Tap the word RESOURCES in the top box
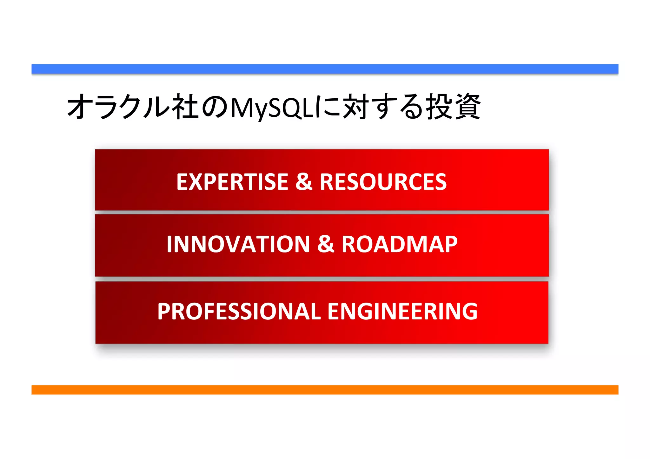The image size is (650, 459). [383, 182]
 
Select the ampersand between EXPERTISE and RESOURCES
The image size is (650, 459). [304, 182]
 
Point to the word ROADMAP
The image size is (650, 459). [399, 244]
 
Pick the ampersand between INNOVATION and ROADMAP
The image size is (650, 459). [326, 244]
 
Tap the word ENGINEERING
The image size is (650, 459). [402, 311]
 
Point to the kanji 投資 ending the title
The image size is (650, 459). [453, 107]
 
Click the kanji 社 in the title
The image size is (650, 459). [185, 107]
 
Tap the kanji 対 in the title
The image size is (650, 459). [355, 107]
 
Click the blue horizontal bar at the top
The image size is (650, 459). [325, 69]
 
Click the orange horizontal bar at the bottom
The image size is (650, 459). [325, 390]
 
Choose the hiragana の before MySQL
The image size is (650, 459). [215, 108]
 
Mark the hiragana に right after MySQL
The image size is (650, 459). [327, 107]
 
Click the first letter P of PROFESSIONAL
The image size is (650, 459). [164, 311]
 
